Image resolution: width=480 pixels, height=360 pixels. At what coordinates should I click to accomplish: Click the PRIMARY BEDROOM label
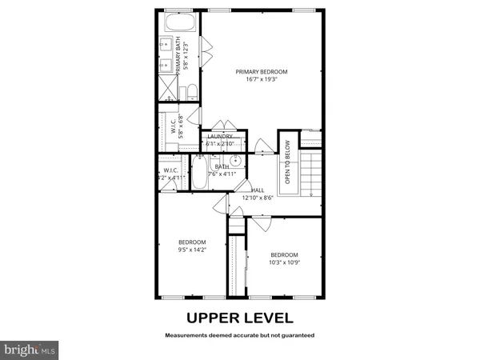(261, 72)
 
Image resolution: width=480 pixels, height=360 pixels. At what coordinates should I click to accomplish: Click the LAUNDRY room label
(220, 137)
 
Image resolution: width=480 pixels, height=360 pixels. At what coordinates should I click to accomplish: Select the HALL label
(258, 190)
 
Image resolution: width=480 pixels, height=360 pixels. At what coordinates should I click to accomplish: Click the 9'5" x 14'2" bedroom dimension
(192, 250)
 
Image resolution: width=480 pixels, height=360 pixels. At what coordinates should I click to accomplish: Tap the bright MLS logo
(30, 350)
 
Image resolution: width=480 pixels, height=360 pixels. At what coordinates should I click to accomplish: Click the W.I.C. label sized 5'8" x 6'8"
(173, 126)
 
